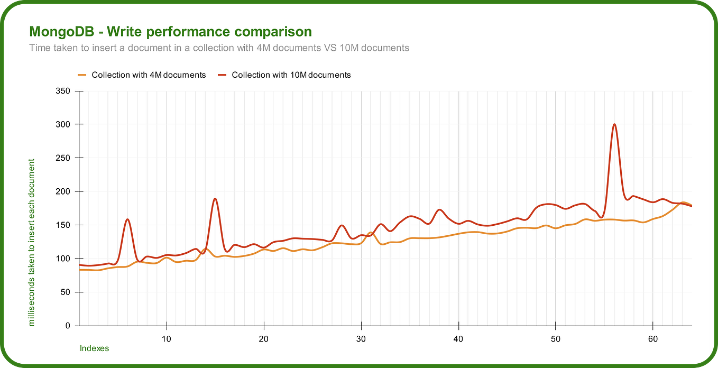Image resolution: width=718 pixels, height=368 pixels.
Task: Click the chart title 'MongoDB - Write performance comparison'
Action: [170, 32]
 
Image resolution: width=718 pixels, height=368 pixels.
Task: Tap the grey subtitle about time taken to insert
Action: [219, 48]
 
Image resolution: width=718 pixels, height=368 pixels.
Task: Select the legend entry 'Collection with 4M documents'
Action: [149, 75]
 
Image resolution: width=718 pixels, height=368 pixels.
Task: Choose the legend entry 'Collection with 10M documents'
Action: [291, 75]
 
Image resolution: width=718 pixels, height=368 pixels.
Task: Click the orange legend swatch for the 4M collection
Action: [82, 75]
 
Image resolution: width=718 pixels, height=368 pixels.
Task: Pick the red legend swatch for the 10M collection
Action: [222, 75]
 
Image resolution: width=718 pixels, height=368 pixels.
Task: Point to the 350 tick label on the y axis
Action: [63, 91]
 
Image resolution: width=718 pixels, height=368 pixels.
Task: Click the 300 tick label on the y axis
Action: [63, 124]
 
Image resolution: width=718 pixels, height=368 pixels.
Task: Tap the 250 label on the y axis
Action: [63, 158]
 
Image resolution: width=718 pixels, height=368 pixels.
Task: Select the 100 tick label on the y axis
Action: [63, 259]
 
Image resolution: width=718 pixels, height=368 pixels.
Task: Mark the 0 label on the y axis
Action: [68, 326]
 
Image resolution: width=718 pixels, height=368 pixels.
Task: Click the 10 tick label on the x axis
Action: [167, 338]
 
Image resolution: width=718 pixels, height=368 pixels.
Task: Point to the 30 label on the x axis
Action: [361, 338]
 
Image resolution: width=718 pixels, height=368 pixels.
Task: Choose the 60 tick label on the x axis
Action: [653, 338]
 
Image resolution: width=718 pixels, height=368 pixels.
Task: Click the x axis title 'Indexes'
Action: [94, 348]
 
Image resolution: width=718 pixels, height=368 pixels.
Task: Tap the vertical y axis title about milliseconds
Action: [32, 242]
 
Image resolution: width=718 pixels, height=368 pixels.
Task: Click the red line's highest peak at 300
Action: [614, 124]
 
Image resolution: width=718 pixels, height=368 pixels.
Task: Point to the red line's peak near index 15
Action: [215, 199]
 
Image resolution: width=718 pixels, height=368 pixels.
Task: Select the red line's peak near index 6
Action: [127, 219]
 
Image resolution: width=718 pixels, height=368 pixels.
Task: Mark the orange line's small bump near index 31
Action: [370, 233]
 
